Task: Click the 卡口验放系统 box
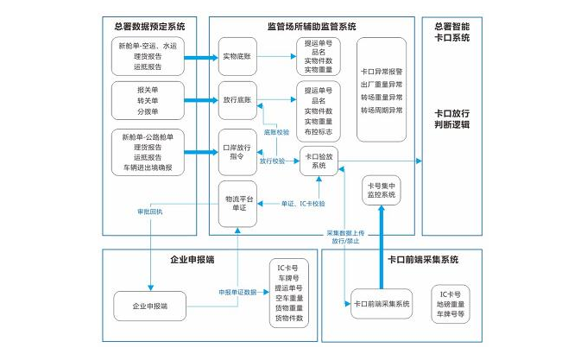pyautogui.click(x=319, y=161)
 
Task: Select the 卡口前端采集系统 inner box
pyautogui.click(x=381, y=304)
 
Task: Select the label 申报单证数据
pyautogui.click(x=237, y=293)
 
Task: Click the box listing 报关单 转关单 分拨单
pyautogui.click(x=147, y=100)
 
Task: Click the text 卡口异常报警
pyautogui.click(x=381, y=72)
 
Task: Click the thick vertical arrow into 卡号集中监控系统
pyautogui.click(x=381, y=250)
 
